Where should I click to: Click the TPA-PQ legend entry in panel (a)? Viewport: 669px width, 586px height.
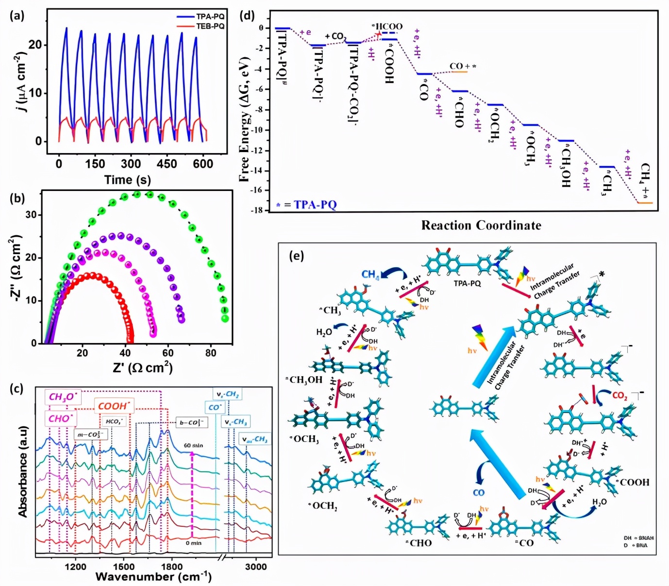coord(210,17)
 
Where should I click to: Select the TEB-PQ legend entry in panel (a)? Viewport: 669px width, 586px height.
coord(210,26)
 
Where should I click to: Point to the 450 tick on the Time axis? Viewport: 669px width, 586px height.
coord(167,164)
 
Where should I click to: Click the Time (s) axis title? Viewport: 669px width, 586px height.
coord(127,180)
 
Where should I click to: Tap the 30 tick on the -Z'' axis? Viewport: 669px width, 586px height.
coord(31,215)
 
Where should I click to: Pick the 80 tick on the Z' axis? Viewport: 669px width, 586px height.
coord(211,353)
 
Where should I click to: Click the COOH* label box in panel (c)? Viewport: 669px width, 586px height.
coord(115,406)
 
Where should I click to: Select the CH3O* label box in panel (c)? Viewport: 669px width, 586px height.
coord(63,397)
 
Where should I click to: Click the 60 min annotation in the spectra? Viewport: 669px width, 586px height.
coord(193,445)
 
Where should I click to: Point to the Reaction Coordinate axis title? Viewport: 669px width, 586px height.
coord(481,225)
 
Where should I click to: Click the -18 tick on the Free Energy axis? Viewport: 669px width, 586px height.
coord(256,210)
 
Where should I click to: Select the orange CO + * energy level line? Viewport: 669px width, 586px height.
coord(459,72)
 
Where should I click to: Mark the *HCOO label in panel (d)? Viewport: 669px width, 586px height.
coord(387,26)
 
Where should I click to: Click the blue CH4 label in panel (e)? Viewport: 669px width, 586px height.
coord(370,275)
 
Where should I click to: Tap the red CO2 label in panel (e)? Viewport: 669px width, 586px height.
coord(619,396)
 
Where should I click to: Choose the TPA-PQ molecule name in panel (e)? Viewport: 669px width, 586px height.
coord(467,283)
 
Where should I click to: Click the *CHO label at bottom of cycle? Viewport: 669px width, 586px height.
coord(418,543)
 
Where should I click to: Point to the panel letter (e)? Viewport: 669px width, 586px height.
coord(296,256)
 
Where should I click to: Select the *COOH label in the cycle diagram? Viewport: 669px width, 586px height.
coord(633,482)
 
